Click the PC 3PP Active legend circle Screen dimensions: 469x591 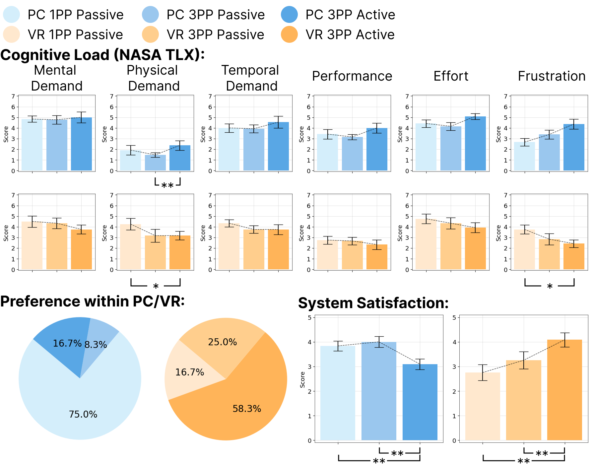[x=289, y=15]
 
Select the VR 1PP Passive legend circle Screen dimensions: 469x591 [x=11, y=34]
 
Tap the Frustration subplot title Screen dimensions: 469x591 [x=552, y=76]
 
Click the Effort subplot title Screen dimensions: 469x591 [x=451, y=76]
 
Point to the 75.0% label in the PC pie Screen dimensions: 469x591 [x=83, y=414]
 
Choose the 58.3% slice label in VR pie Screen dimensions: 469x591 [x=247, y=409]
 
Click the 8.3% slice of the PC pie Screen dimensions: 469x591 [x=99, y=335]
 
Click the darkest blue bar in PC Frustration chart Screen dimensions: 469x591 [x=574, y=148]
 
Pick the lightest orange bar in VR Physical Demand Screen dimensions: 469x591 [x=130, y=247]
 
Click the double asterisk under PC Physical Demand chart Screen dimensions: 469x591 [x=167, y=185]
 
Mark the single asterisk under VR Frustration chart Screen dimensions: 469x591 [x=550, y=286]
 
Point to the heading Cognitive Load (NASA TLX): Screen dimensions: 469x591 [x=102, y=55]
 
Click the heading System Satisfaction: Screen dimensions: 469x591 [x=373, y=303]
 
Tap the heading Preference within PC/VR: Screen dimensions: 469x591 [x=93, y=301]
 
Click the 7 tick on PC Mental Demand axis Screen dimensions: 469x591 [x=13, y=96]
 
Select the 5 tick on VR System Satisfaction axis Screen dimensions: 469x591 [x=454, y=317]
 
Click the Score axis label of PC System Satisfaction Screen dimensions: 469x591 [x=302, y=379]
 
